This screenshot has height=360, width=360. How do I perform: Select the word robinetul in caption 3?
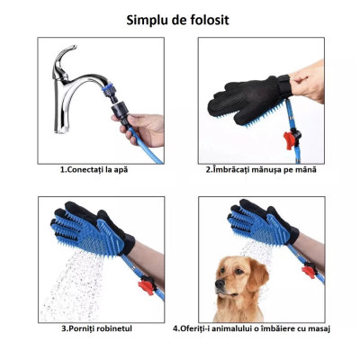[x=112, y=328]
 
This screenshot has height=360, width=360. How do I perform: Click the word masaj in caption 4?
[x=316, y=328]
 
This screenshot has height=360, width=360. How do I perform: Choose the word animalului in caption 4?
[x=226, y=328]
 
